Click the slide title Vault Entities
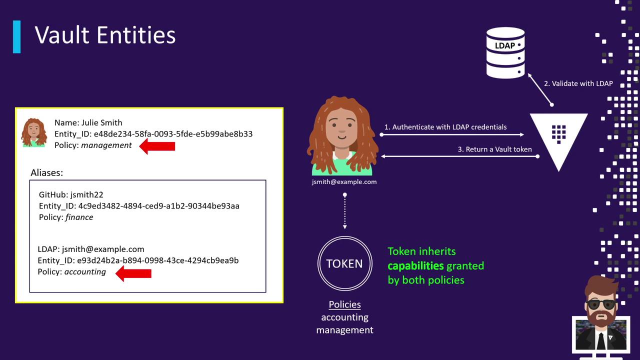105,35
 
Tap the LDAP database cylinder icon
505,53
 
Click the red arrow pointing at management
157,146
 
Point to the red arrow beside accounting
133,273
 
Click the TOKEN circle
345,263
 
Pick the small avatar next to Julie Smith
34,132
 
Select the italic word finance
79,217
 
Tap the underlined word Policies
344,304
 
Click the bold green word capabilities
415,266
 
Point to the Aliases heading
47,173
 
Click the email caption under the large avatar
344,182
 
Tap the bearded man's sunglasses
601,304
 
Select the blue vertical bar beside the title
17,37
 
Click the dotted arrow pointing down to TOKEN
345,211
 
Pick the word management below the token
344,330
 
